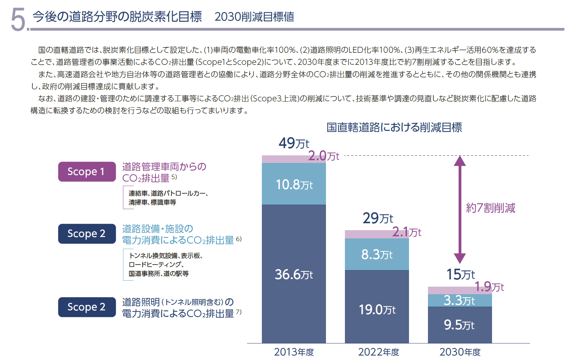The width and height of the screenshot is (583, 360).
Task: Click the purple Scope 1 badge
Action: pos(87,172)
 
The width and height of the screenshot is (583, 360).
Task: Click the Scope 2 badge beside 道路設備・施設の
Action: pos(87,234)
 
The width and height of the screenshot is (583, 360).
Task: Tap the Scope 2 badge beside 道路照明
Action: pos(87,307)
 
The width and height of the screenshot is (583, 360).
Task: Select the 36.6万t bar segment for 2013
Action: pos(294,274)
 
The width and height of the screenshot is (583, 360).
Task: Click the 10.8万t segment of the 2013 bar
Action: pos(294,184)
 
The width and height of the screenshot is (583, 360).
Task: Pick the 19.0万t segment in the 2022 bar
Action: pos(377,309)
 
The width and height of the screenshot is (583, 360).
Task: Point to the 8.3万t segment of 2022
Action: pos(377,255)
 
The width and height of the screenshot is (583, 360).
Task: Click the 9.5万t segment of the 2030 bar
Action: pos(459,325)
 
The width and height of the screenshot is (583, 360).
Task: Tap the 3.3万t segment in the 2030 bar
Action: pos(459,300)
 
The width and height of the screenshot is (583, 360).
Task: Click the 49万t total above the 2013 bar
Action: pos(294,143)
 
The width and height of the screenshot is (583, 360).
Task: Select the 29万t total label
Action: pos(378,218)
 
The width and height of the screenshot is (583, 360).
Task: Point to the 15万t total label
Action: pos(460,275)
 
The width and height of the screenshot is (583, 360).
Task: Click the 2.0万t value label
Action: pos(324,156)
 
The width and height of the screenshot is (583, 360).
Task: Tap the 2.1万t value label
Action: pos(407,232)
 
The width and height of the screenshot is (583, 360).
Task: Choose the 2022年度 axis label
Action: pos(378,352)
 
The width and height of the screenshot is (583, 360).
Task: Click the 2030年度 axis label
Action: pos(460,352)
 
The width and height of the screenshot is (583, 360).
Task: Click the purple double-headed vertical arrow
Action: pos(460,209)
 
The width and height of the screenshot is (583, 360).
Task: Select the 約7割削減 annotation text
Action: pos(490,208)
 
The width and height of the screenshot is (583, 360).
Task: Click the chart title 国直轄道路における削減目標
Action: pos(394,127)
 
